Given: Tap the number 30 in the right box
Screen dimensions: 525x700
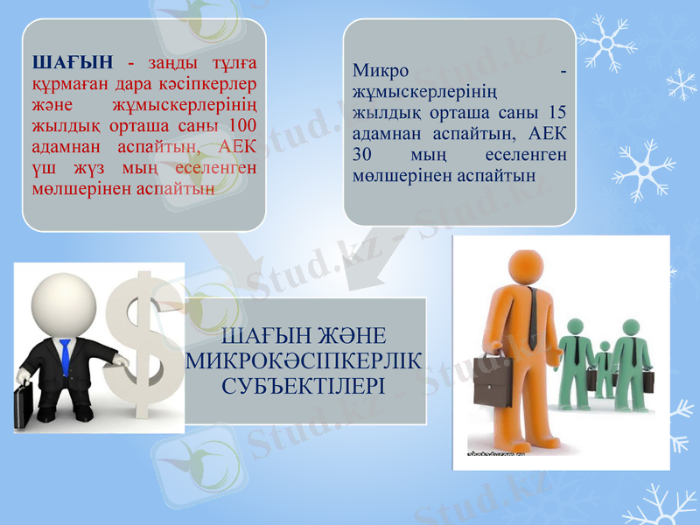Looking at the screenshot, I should pyautogui.click(x=363, y=155).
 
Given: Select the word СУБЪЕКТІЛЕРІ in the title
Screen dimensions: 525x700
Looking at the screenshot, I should pyautogui.click(x=304, y=385).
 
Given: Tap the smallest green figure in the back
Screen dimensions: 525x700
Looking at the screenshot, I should pyautogui.click(x=604, y=367).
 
